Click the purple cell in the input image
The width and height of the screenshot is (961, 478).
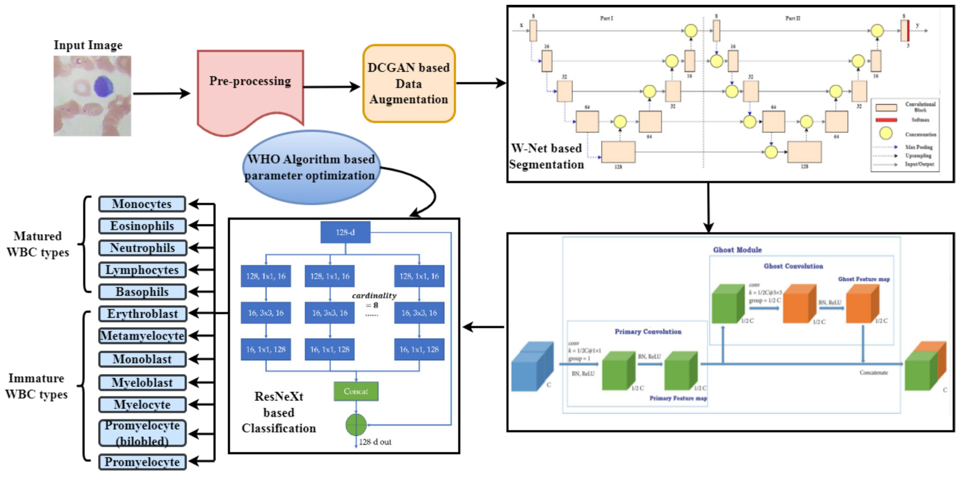tap(103, 86)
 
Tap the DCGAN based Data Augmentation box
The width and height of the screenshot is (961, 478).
tap(409, 84)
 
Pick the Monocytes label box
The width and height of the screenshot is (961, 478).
tap(142, 204)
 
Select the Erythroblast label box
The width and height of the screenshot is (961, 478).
tap(142, 314)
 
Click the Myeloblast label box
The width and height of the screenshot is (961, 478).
tap(142, 382)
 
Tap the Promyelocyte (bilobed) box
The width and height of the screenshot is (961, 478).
tap(142, 433)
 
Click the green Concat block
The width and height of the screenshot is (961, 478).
tap(356, 391)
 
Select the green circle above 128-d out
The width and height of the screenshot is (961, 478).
tap(356, 425)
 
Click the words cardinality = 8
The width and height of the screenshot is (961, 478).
tap(374, 300)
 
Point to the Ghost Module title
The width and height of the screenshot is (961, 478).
tap(737, 250)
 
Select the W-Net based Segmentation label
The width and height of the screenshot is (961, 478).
tap(547, 156)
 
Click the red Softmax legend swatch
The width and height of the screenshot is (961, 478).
tap(886, 120)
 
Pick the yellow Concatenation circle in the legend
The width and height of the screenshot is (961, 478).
tap(886, 133)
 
